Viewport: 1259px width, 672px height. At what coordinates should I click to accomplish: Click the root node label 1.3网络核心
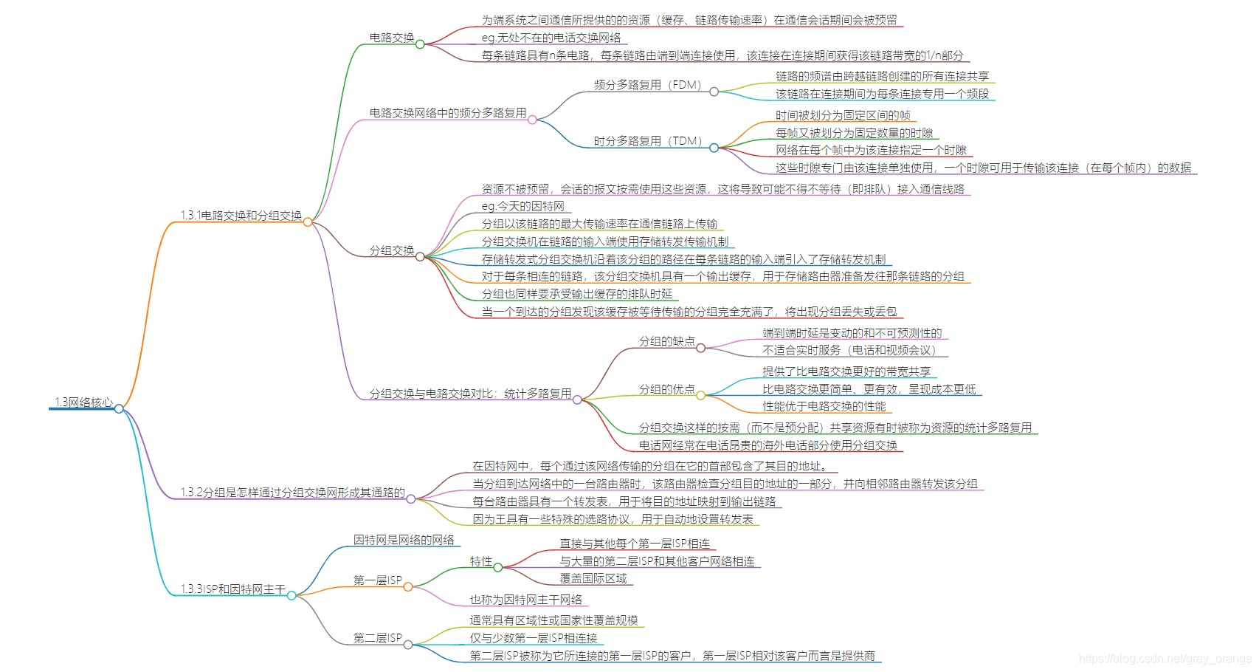coord(83,402)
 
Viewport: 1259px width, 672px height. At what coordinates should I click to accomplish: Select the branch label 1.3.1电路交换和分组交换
coord(241,216)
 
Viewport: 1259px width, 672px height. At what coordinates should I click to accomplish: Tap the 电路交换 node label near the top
coord(391,38)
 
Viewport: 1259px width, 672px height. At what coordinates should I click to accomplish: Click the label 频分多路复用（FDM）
coord(647,85)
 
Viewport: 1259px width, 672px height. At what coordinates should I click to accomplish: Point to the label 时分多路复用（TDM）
coord(647,141)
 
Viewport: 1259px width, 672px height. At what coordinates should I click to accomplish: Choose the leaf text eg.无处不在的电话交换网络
coord(551,38)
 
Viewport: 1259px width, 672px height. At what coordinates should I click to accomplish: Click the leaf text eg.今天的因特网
coord(522,207)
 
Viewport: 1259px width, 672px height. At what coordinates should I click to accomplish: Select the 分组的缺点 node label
coord(666,341)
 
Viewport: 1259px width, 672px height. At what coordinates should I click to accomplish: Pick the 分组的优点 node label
coord(666,389)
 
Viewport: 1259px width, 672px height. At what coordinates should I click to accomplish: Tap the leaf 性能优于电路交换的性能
coord(824,407)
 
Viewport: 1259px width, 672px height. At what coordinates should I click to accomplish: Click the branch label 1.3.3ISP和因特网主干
coord(232,589)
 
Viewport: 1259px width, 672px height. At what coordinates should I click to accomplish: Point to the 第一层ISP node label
coord(377,580)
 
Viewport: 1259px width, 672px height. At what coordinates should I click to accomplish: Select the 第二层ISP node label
coord(377,638)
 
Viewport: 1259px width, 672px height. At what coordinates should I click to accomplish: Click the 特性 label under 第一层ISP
coord(480,562)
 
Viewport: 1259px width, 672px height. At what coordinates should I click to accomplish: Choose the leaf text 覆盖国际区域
coord(593,579)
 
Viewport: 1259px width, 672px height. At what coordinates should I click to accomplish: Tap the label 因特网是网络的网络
coord(404,541)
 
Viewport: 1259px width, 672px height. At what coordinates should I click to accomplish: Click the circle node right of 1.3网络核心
coord(119,408)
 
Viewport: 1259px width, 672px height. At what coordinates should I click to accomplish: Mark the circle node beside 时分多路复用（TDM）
coord(714,148)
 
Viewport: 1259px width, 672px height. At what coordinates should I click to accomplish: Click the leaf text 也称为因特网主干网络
coord(525,600)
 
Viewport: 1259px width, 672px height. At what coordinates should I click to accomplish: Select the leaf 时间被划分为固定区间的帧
coord(842,115)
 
